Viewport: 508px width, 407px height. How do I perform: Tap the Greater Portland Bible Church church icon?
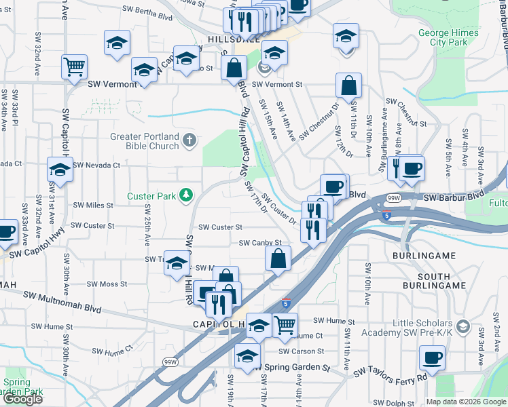tap(189, 141)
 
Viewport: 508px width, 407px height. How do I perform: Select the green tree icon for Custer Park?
tap(184, 196)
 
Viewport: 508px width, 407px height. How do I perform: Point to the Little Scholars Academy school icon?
tap(462, 328)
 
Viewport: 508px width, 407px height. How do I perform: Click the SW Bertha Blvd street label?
tap(147, 10)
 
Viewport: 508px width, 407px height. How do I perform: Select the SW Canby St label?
tap(260, 242)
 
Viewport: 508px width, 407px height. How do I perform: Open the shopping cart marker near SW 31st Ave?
tap(74, 67)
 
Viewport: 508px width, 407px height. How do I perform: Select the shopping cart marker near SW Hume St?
tap(285, 326)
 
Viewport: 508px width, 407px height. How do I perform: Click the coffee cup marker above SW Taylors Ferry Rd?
tap(432, 357)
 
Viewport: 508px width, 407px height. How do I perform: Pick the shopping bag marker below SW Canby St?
tap(278, 258)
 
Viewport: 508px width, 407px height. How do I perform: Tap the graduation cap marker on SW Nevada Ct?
tap(60, 170)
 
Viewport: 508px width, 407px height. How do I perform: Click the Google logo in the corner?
tap(22, 398)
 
